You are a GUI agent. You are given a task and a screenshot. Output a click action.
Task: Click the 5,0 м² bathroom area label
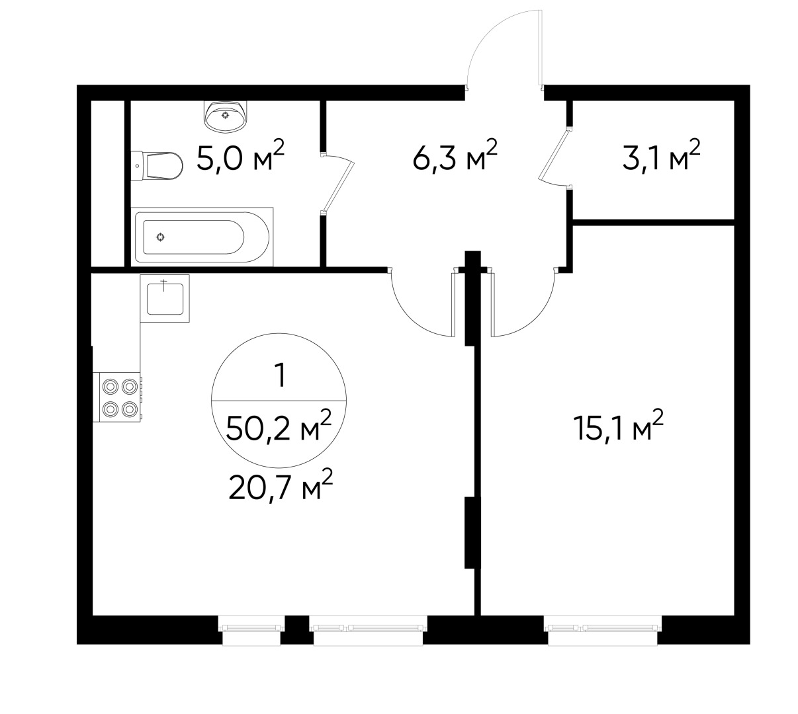241,158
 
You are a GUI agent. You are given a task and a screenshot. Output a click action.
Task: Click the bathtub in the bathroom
202,236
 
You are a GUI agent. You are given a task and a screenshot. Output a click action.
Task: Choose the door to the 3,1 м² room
554,157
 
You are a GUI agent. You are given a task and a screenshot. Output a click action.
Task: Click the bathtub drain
160,237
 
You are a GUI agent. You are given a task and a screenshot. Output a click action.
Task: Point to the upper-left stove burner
109,385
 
